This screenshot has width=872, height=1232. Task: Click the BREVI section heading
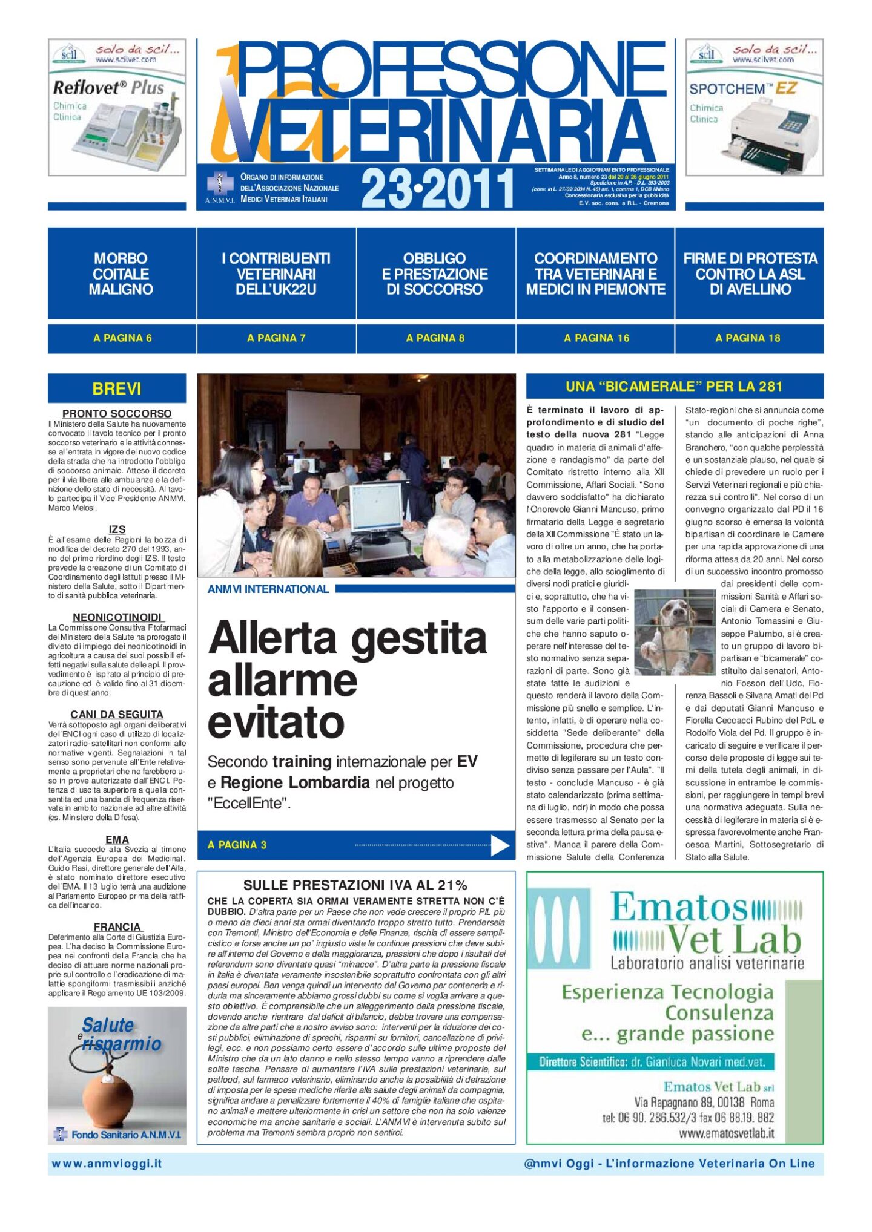pyautogui.click(x=117, y=388)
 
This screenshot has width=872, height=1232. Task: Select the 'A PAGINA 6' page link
pyautogui.click(x=122, y=338)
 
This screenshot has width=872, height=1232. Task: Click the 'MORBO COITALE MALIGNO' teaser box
pyautogui.click(x=121, y=274)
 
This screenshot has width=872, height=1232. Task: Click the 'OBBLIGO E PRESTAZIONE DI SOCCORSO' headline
pyautogui.click(x=435, y=274)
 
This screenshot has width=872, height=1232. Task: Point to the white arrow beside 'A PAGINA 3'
pyautogui.click(x=500, y=845)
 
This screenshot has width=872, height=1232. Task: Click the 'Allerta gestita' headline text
pyautogui.click(x=347, y=638)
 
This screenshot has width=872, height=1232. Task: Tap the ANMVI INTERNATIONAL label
pyautogui.click(x=268, y=589)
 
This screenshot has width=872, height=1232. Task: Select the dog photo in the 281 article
pyautogui.click(x=674, y=632)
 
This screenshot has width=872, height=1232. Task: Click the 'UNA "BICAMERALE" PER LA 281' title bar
pyautogui.click(x=674, y=386)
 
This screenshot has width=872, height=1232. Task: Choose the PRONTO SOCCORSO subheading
pyautogui.click(x=117, y=413)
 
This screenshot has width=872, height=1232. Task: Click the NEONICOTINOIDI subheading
pyautogui.click(x=117, y=617)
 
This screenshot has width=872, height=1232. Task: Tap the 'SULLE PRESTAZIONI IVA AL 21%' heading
pyautogui.click(x=355, y=885)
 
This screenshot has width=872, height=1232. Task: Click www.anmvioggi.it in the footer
pyautogui.click(x=107, y=1164)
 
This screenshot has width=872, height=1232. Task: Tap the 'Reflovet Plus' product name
pyautogui.click(x=109, y=88)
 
